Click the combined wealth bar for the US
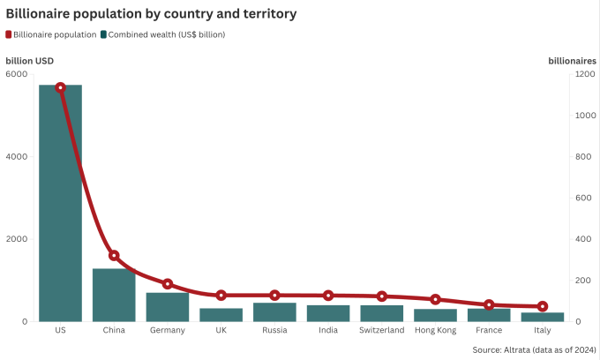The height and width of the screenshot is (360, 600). [60, 203]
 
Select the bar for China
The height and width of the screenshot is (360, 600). [114, 295]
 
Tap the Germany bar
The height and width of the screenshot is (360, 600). [168, 307]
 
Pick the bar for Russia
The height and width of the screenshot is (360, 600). [274, 312]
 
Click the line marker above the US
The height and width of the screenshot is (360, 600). [60, 87]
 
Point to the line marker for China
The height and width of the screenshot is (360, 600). [114, 256]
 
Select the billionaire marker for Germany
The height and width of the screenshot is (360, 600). [168, 284]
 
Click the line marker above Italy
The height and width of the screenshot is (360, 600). [543, 306]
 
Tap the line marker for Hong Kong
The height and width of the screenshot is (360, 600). [435, 300]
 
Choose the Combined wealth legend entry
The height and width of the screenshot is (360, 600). [161, 34]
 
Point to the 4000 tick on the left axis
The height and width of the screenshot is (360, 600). [18, 156]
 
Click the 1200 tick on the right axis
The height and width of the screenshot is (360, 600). [582, 74]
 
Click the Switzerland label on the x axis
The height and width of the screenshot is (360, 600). [382, 330]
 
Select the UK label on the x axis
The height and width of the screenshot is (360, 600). [221, 330]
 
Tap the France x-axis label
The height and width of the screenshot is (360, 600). [489, 330]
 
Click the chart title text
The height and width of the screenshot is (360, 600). [151, 13]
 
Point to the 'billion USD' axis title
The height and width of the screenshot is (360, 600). [30, 60]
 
